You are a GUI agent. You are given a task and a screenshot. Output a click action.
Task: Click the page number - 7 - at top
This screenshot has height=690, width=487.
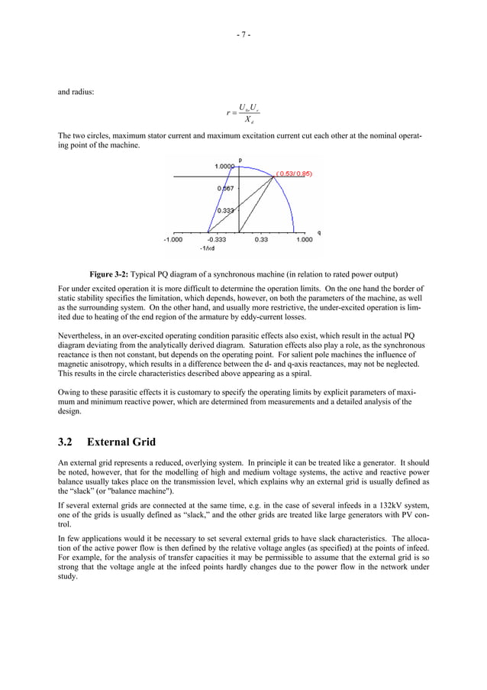pos(243,34)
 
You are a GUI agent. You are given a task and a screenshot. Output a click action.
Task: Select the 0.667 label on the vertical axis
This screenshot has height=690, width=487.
pos(225,188)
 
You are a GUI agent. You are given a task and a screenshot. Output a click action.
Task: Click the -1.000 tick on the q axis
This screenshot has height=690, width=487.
pos(173,239)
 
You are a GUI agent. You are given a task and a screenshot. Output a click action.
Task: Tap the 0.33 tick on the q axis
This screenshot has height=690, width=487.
pos(262,239)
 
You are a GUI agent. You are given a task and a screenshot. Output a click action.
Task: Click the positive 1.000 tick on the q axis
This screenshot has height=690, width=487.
pos(304,239)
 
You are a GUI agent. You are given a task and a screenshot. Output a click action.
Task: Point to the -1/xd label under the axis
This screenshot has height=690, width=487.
pos(207,248)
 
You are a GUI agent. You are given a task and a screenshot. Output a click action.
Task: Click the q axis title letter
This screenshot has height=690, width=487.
pos(318,232)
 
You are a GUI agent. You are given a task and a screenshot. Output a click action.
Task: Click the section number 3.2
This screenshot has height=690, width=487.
pos(66,442)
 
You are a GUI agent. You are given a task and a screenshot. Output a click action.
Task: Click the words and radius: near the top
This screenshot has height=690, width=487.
pos(76,92)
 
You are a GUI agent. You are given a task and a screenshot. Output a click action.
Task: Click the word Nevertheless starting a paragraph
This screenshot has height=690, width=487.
pos(80,335)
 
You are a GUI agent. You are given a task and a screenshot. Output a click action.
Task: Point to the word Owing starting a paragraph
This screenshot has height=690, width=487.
pos(69,390)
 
